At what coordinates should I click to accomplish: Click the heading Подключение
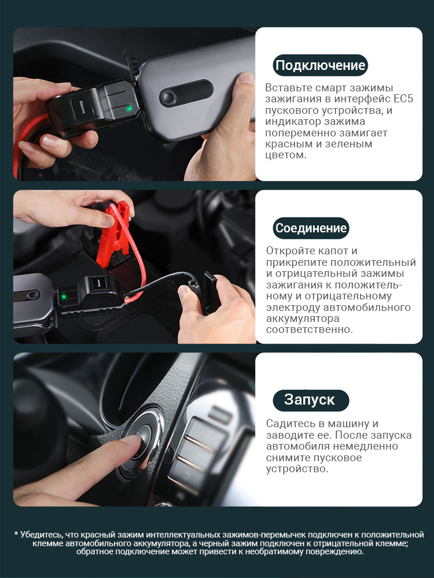click(320, 65)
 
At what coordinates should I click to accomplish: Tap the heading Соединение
click(311, 228)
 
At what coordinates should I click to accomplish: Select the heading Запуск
click(309, 400)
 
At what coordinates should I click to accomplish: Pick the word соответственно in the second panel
click(308, 329)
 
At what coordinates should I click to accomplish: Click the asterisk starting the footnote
click(16, 534)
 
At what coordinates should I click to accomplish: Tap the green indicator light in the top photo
click(129, 109)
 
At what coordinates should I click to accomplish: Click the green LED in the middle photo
click(64, 295)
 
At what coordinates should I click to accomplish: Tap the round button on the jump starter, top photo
click(168, 97)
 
